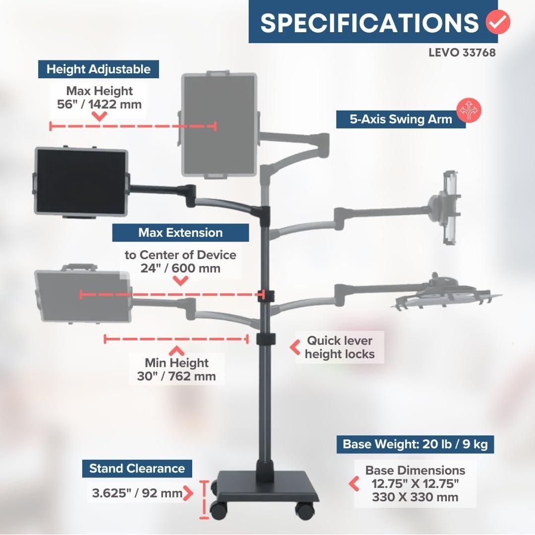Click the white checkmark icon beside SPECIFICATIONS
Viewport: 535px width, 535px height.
[x=498, y=22]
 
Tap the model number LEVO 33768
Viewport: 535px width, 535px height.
[x=462, y=53]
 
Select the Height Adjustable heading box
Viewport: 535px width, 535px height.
[x=98, y=69]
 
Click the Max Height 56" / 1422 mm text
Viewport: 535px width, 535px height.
[x=99, y=98]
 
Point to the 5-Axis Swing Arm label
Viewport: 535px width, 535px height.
[x=401, y=119]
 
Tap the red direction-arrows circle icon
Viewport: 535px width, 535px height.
[x=469, y=110]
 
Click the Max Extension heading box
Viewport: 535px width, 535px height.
[x=180, y=233]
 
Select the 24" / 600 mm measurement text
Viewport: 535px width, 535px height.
[x=180, y=268]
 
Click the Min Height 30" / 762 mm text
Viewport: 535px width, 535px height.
[x=176, y=370]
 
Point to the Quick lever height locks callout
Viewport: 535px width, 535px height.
[x=339, y=347]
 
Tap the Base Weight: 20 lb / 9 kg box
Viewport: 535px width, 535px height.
[x=415, y=444]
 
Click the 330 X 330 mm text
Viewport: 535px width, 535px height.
[x=415, y=497]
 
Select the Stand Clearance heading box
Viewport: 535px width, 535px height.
[x=137, y=469]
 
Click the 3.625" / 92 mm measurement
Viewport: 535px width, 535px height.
[x=137, y=493]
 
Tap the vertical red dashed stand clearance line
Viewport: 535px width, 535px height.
[x=204, y=500]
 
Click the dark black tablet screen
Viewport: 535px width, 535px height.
[x=81, y=181]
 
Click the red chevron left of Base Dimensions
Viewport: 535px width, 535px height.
[x=354, y=484]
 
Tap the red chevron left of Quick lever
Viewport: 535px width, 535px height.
[x=295, y=347]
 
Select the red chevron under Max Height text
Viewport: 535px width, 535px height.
[x=99, y=117]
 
